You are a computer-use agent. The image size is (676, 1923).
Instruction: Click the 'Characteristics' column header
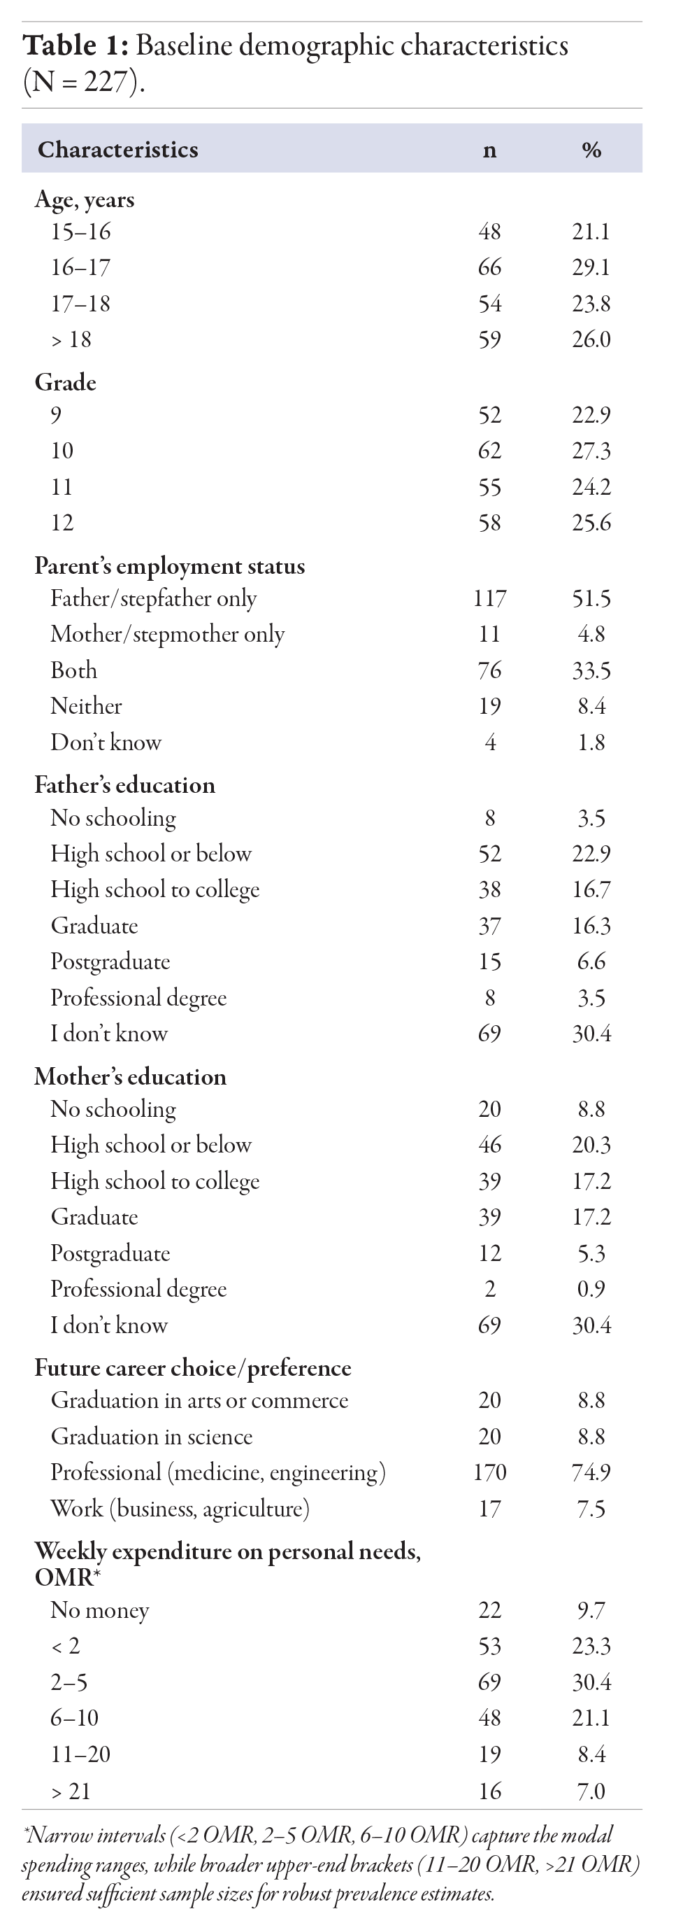tap(118, 149)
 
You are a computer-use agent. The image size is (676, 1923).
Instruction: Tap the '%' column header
tap(591, 150)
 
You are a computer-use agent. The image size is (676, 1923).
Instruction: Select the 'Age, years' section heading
tap(85, 199)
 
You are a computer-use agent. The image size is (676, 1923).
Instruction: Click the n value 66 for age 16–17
tap(489, 267)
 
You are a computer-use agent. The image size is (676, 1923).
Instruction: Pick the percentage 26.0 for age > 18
tap(591, 339)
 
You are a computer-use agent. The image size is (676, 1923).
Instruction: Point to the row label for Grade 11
tap(62, 487)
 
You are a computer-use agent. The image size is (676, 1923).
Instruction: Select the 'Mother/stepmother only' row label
tap(167, 634)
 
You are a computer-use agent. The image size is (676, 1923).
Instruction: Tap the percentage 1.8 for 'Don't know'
tap(591, 742)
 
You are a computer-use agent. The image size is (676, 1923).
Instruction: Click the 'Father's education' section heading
tap(124, 784)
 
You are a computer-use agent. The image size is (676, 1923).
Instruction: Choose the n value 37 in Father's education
tap(489, 926)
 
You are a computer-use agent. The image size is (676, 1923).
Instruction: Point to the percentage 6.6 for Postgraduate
tap(591, 962)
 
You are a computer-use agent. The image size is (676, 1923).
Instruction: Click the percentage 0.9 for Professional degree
tap(591, 1289)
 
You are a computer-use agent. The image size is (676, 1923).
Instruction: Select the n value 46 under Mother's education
tap(489, 1144)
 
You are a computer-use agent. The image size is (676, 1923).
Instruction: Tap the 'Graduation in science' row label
tap(152, 1436)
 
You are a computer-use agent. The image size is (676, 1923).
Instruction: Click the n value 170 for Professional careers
tap(489, 1472)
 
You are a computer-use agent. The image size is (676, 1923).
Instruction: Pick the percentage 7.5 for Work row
tap(591, 1509)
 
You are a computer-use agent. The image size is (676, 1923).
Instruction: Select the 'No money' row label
tap(99, 1610)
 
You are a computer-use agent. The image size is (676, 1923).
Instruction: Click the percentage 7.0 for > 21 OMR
tap(591, 1791)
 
